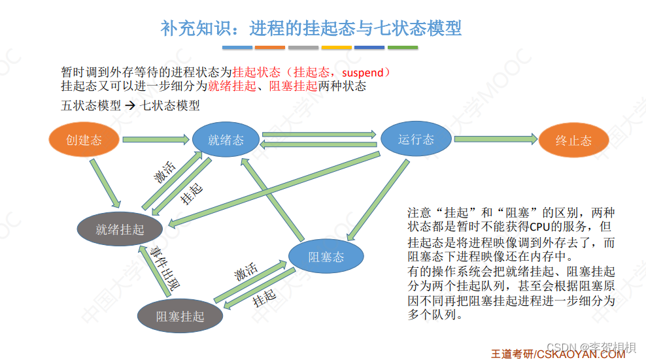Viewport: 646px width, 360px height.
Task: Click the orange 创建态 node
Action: (84, 139)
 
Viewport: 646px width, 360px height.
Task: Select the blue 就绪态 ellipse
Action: (226, 139)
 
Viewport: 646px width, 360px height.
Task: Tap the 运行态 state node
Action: (416, 139)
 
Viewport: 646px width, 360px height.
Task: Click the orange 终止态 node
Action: (573, 140)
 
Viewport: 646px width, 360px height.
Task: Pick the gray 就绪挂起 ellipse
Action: (120, 229)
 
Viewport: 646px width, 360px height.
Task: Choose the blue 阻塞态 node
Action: (326, 257)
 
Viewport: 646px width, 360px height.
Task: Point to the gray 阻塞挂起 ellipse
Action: (180, 316)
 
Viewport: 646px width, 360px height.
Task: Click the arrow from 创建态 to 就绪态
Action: (156, 139)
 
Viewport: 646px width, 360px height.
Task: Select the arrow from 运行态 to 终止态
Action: (495, 139)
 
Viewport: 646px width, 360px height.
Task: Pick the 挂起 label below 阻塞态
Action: (264, 298)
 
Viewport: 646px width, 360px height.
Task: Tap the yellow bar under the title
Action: (336, 48)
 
